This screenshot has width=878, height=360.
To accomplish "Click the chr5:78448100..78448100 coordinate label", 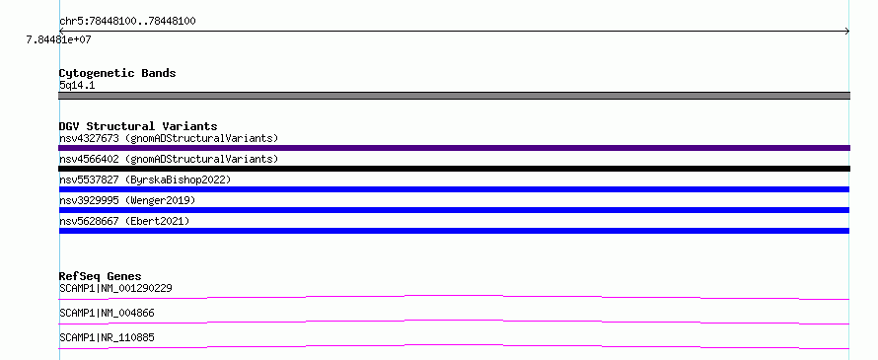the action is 127,22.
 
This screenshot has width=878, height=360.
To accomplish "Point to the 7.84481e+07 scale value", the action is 58,39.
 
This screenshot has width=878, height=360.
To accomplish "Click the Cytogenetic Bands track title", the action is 117,73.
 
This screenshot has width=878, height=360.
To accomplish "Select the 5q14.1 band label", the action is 77,86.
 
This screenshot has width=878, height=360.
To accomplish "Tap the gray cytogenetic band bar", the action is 454,96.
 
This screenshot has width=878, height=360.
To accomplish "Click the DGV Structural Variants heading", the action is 138,126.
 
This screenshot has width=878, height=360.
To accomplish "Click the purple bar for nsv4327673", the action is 454,148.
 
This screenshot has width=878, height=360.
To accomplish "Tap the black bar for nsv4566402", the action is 454,169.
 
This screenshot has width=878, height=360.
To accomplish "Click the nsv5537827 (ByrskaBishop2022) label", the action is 145,180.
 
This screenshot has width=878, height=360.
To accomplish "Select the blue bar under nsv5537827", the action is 454,189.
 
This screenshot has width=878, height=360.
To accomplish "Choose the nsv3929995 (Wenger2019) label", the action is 127,200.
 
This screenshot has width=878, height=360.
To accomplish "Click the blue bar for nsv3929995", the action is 454,210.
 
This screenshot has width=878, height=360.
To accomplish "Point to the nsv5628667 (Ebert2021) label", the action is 124,221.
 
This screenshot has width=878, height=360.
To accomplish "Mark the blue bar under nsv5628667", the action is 454,231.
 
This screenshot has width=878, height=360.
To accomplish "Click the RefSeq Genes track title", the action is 101,276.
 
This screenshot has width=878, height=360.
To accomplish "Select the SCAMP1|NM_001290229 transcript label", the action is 115,289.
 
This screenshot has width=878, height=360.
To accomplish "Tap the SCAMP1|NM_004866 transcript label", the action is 107,314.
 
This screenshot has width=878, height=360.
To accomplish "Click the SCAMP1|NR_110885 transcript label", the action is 107,338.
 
